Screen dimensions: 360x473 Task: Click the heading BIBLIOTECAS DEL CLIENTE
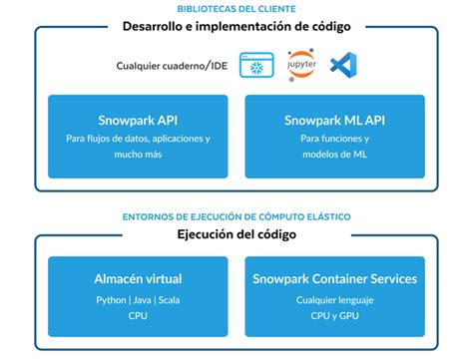236,8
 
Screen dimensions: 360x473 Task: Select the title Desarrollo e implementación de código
236,27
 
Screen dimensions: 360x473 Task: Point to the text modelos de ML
333,156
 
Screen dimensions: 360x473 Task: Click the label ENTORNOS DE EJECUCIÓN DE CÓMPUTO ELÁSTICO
236,215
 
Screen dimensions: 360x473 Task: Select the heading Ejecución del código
236,235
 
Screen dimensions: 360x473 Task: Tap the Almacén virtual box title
138,279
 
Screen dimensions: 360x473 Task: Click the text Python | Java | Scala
138,299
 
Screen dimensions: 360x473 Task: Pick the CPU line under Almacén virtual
138,315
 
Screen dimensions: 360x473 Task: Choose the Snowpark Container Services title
334,279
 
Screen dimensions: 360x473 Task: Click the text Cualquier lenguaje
334,299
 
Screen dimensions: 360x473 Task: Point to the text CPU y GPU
334,315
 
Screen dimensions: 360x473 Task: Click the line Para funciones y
333,140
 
